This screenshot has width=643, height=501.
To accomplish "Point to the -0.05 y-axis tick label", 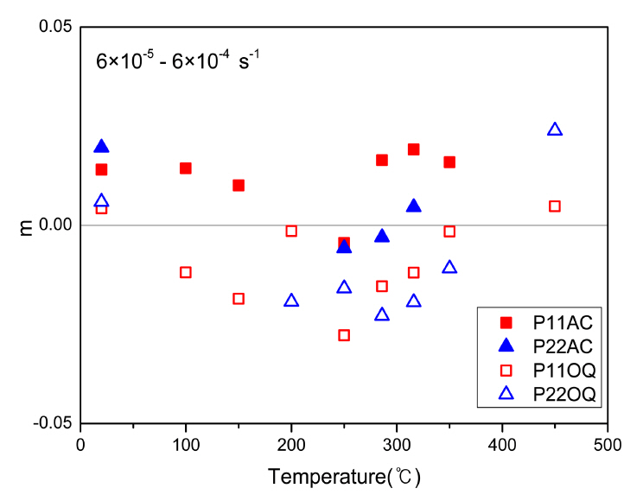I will coord(53,424).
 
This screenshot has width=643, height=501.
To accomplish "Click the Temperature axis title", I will coord(343,476).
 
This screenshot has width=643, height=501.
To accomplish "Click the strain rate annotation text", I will coord(177,61).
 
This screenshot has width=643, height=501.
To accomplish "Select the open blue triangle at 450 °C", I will coord(555,130).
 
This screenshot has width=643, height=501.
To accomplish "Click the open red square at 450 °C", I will coord(555,206).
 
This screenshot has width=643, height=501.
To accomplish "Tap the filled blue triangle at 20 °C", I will coord(101,147).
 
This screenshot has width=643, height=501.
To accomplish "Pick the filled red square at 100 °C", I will coord(185,168).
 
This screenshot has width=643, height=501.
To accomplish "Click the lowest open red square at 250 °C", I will coord(344,335).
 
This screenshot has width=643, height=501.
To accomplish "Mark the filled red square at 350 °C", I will coord(449,162).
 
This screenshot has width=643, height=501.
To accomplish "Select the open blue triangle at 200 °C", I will coord(291,301).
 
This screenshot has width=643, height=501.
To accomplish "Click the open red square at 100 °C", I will coord(185,272).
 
